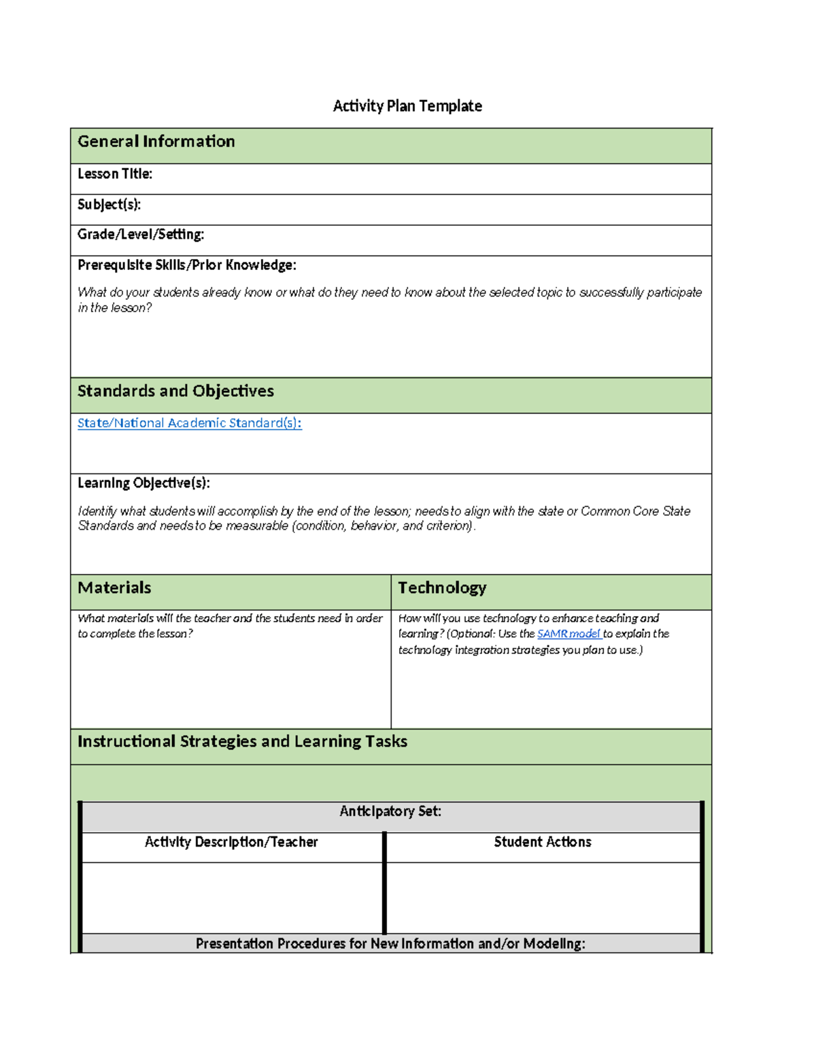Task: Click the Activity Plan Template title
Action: click(x=407, y=106)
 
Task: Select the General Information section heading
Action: click(x=156, y=141)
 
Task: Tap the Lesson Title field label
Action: click(x=115, y=174)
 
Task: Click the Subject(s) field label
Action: click(x=109, y=205)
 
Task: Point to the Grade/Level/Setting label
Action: click(x=141, y=235)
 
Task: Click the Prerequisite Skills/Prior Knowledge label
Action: click(x=187, y=265)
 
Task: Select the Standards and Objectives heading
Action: click(x=175, y=391)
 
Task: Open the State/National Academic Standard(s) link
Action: click(x=190, y=423)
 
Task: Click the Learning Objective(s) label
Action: click(x=143, y=483)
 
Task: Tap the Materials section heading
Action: click(x=114, y=587)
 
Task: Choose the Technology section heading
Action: click(x=442, y=587)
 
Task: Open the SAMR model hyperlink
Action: click(x=568, y=634)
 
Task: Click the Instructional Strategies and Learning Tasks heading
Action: click(x=242, y=741)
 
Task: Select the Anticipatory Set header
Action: click(x=390, y=811)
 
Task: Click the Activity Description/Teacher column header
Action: click(x=231, y=842)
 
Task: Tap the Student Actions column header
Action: click(x=543, y=842)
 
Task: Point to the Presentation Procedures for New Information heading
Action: click(x=390, y=944)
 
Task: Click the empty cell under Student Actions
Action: click(x=543, y=898)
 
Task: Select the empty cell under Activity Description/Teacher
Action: click(x=231, y=898)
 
